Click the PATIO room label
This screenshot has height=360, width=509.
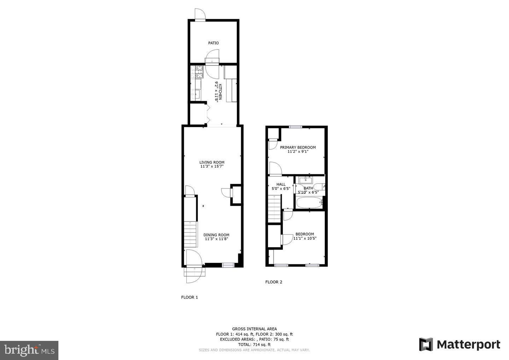pyautogui.click(x=213, y=43)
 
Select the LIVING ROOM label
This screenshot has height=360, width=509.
pyautogui.click(x=212, y=162)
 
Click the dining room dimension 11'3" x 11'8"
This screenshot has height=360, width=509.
pyautogui.click(x=216, y=239)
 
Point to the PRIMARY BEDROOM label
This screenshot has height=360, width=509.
pyautogui.click(x=298, y=147)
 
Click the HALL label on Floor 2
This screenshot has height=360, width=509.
pyautogui.click(x=281, y=184)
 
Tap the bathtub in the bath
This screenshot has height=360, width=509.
pyautogui.click(x=309, y=203)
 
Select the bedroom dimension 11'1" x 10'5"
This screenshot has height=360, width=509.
pyautogui.click(x=305, y=238)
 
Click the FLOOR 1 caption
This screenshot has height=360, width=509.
pyautogui.click(x=189, y=297)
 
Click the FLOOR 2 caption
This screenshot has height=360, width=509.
pyautogui.click(x=274, y=282)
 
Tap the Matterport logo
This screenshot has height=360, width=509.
pyautogui.click(x=460, y=344)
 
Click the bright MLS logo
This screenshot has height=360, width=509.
pyautogui.click(x=29, y=350)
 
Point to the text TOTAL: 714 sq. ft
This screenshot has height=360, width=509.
pyautogui.click(x=254, y=344)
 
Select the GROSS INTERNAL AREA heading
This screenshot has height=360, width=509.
pyautogui.click(x=254, y=329)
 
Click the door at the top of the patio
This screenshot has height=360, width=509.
pyautogui.click(x=200, y=15)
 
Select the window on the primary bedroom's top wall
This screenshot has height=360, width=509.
pyautogui.click(x=296, y=127)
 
